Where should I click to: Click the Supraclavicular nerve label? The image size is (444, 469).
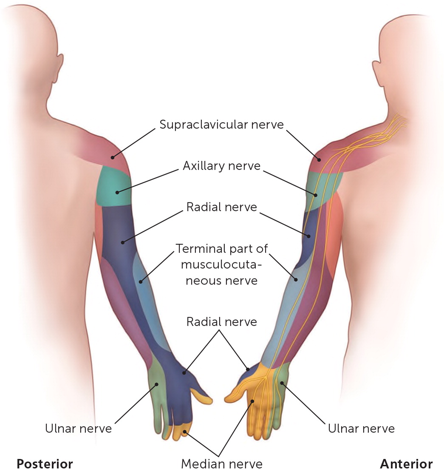point(221,125)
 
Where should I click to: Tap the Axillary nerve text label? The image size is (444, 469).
point(221,165)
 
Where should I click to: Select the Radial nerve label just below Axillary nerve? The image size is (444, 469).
point(221,207)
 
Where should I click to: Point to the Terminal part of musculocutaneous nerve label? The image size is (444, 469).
point(221,264)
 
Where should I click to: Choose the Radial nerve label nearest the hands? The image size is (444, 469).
point(221,321)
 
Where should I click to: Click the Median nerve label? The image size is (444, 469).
point(221,463)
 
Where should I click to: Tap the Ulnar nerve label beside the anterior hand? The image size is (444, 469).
point(361,428)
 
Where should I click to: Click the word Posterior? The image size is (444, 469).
point(45,463)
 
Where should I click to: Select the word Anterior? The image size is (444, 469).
point(406,463)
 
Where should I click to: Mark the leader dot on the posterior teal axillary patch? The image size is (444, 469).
point(117,192)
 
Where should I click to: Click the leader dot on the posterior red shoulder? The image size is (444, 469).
point(113,157)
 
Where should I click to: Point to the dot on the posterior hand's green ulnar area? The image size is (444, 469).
point(157,384)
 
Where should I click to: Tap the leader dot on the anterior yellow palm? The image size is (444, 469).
point(252,401)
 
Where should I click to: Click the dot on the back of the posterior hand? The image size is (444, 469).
point(184,373)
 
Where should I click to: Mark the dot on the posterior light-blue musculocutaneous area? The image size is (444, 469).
point(140,280)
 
